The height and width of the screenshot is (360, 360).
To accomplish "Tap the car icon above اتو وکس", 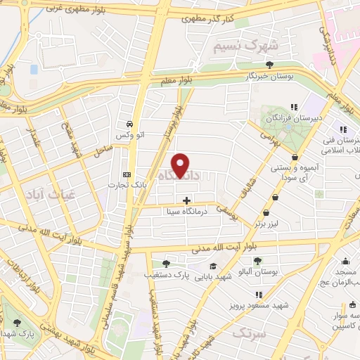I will (x=130, y=120).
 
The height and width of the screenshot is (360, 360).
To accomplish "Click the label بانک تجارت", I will (x=122, y=185).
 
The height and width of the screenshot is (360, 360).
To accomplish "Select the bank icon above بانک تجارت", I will (x=127, y=174).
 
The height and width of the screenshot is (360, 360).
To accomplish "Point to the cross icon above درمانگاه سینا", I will (x=186, y=200).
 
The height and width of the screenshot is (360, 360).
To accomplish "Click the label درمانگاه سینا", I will (x=186, y=210).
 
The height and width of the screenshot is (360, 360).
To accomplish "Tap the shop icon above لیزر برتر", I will (x=266, y=213).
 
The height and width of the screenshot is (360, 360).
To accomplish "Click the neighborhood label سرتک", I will (x=250, y=332).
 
